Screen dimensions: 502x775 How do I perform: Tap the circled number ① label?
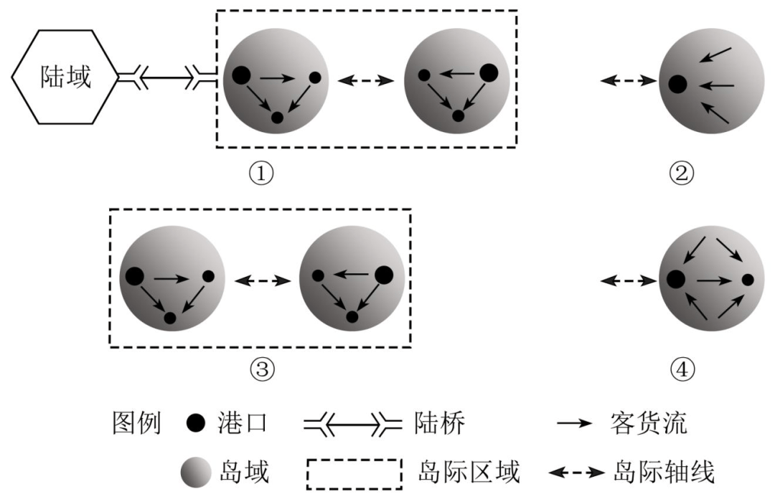pos(260,173)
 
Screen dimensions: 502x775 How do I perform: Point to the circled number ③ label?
pos(261,370)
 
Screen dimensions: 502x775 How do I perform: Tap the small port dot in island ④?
pos(748,280)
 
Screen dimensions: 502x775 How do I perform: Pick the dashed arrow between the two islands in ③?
pos(263,280)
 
